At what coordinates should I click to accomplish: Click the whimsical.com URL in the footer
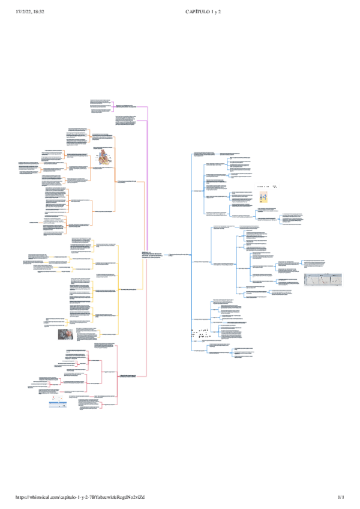tap(81, 498)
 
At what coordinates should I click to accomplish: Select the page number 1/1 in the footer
tap(341, 498)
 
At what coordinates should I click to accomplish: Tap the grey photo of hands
tap(66, 334)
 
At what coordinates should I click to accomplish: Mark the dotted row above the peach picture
tap(268, 187)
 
